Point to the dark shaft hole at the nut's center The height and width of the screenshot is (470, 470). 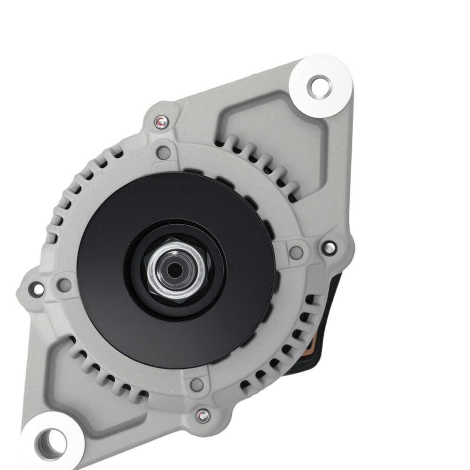point(175,269)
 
